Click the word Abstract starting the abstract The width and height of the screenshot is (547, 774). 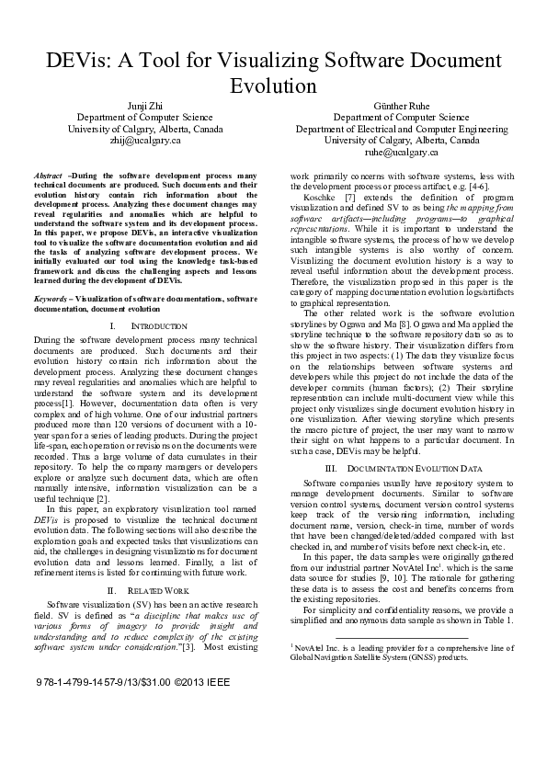pyautogui.click(x=47, y=175)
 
